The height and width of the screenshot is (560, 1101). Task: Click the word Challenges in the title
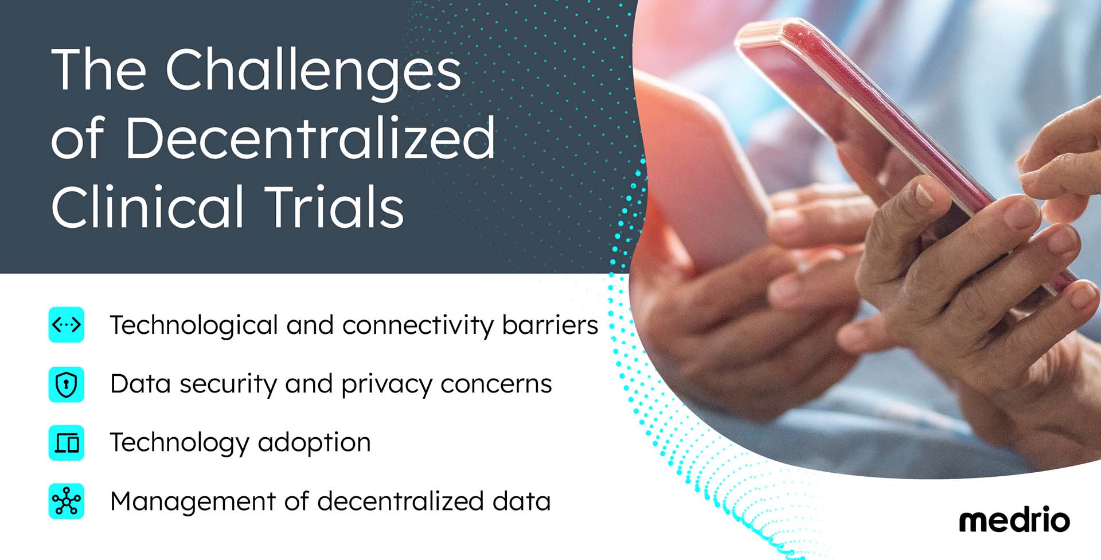[x=313, y=71]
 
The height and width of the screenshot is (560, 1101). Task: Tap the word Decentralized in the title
[x=310, y=138]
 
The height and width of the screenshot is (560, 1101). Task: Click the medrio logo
[x=1014, y=520]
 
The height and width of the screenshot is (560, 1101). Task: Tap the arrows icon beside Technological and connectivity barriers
[x=67, y=325]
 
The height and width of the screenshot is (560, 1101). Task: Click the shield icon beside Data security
[x=67, y=384]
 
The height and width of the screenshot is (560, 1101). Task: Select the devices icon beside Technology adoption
[x=67, y=443]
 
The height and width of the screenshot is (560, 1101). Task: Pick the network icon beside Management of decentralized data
[x=67, y=501]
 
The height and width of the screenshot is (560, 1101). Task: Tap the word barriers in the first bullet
[x=550, y=325]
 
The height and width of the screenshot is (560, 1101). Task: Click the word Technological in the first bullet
[x=194, y=326]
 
